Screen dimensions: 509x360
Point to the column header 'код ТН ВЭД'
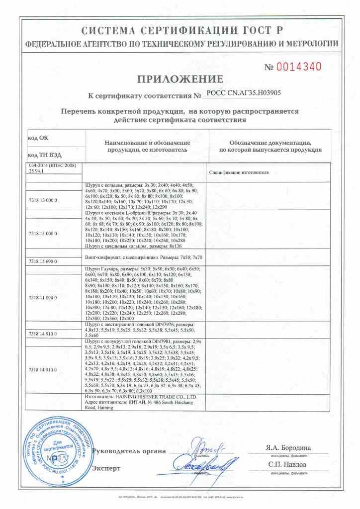(44, 155)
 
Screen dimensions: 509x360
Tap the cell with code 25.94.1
(37, 170)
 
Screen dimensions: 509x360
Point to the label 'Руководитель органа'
(129, 451)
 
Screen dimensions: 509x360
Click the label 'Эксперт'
(106, 468)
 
